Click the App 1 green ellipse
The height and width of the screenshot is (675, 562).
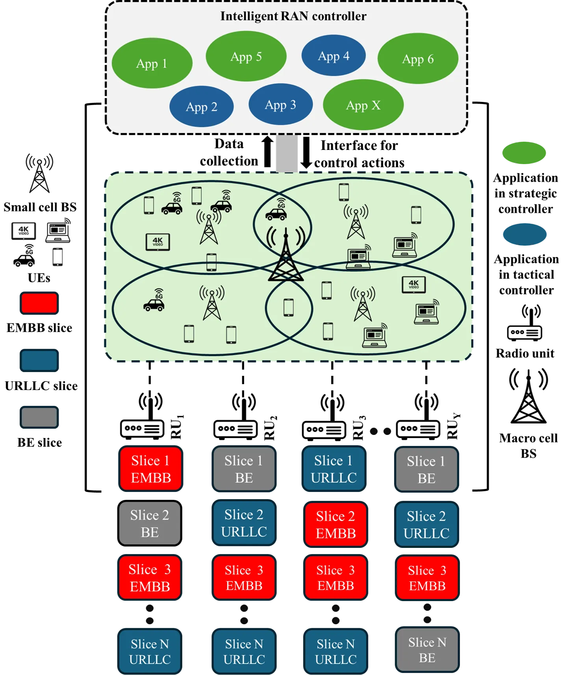click(x=152, y=63)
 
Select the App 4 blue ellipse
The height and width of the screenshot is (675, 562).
click(x=334, y=55)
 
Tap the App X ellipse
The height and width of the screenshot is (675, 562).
click(x=363, y=105)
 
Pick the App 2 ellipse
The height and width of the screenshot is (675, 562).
click(x=202, y=106)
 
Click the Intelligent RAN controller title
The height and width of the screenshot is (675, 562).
click(x=293, y=16)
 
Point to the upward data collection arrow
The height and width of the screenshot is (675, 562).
click(x=268, y=152)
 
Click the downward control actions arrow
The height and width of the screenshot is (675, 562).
click(x=306, y=153)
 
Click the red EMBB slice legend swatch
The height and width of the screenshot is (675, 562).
click(x=39, y=303)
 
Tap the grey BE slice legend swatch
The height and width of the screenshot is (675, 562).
click(x=39, y=417)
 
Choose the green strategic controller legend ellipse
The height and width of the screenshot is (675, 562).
click(x=524, y=153)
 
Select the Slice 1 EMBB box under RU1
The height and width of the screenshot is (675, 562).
click(x=151, y=469)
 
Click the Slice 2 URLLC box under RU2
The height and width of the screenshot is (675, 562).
click(x=244, y=523)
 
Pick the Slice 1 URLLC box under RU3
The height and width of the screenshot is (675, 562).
click(x=334, y=469)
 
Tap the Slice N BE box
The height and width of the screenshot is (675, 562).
click(x=427, y=650)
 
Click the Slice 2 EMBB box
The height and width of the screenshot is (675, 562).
click(x=336, y=524)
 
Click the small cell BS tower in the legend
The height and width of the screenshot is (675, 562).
click(x=39, y=173)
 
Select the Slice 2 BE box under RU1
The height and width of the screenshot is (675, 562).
click(x=150, y=523)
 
